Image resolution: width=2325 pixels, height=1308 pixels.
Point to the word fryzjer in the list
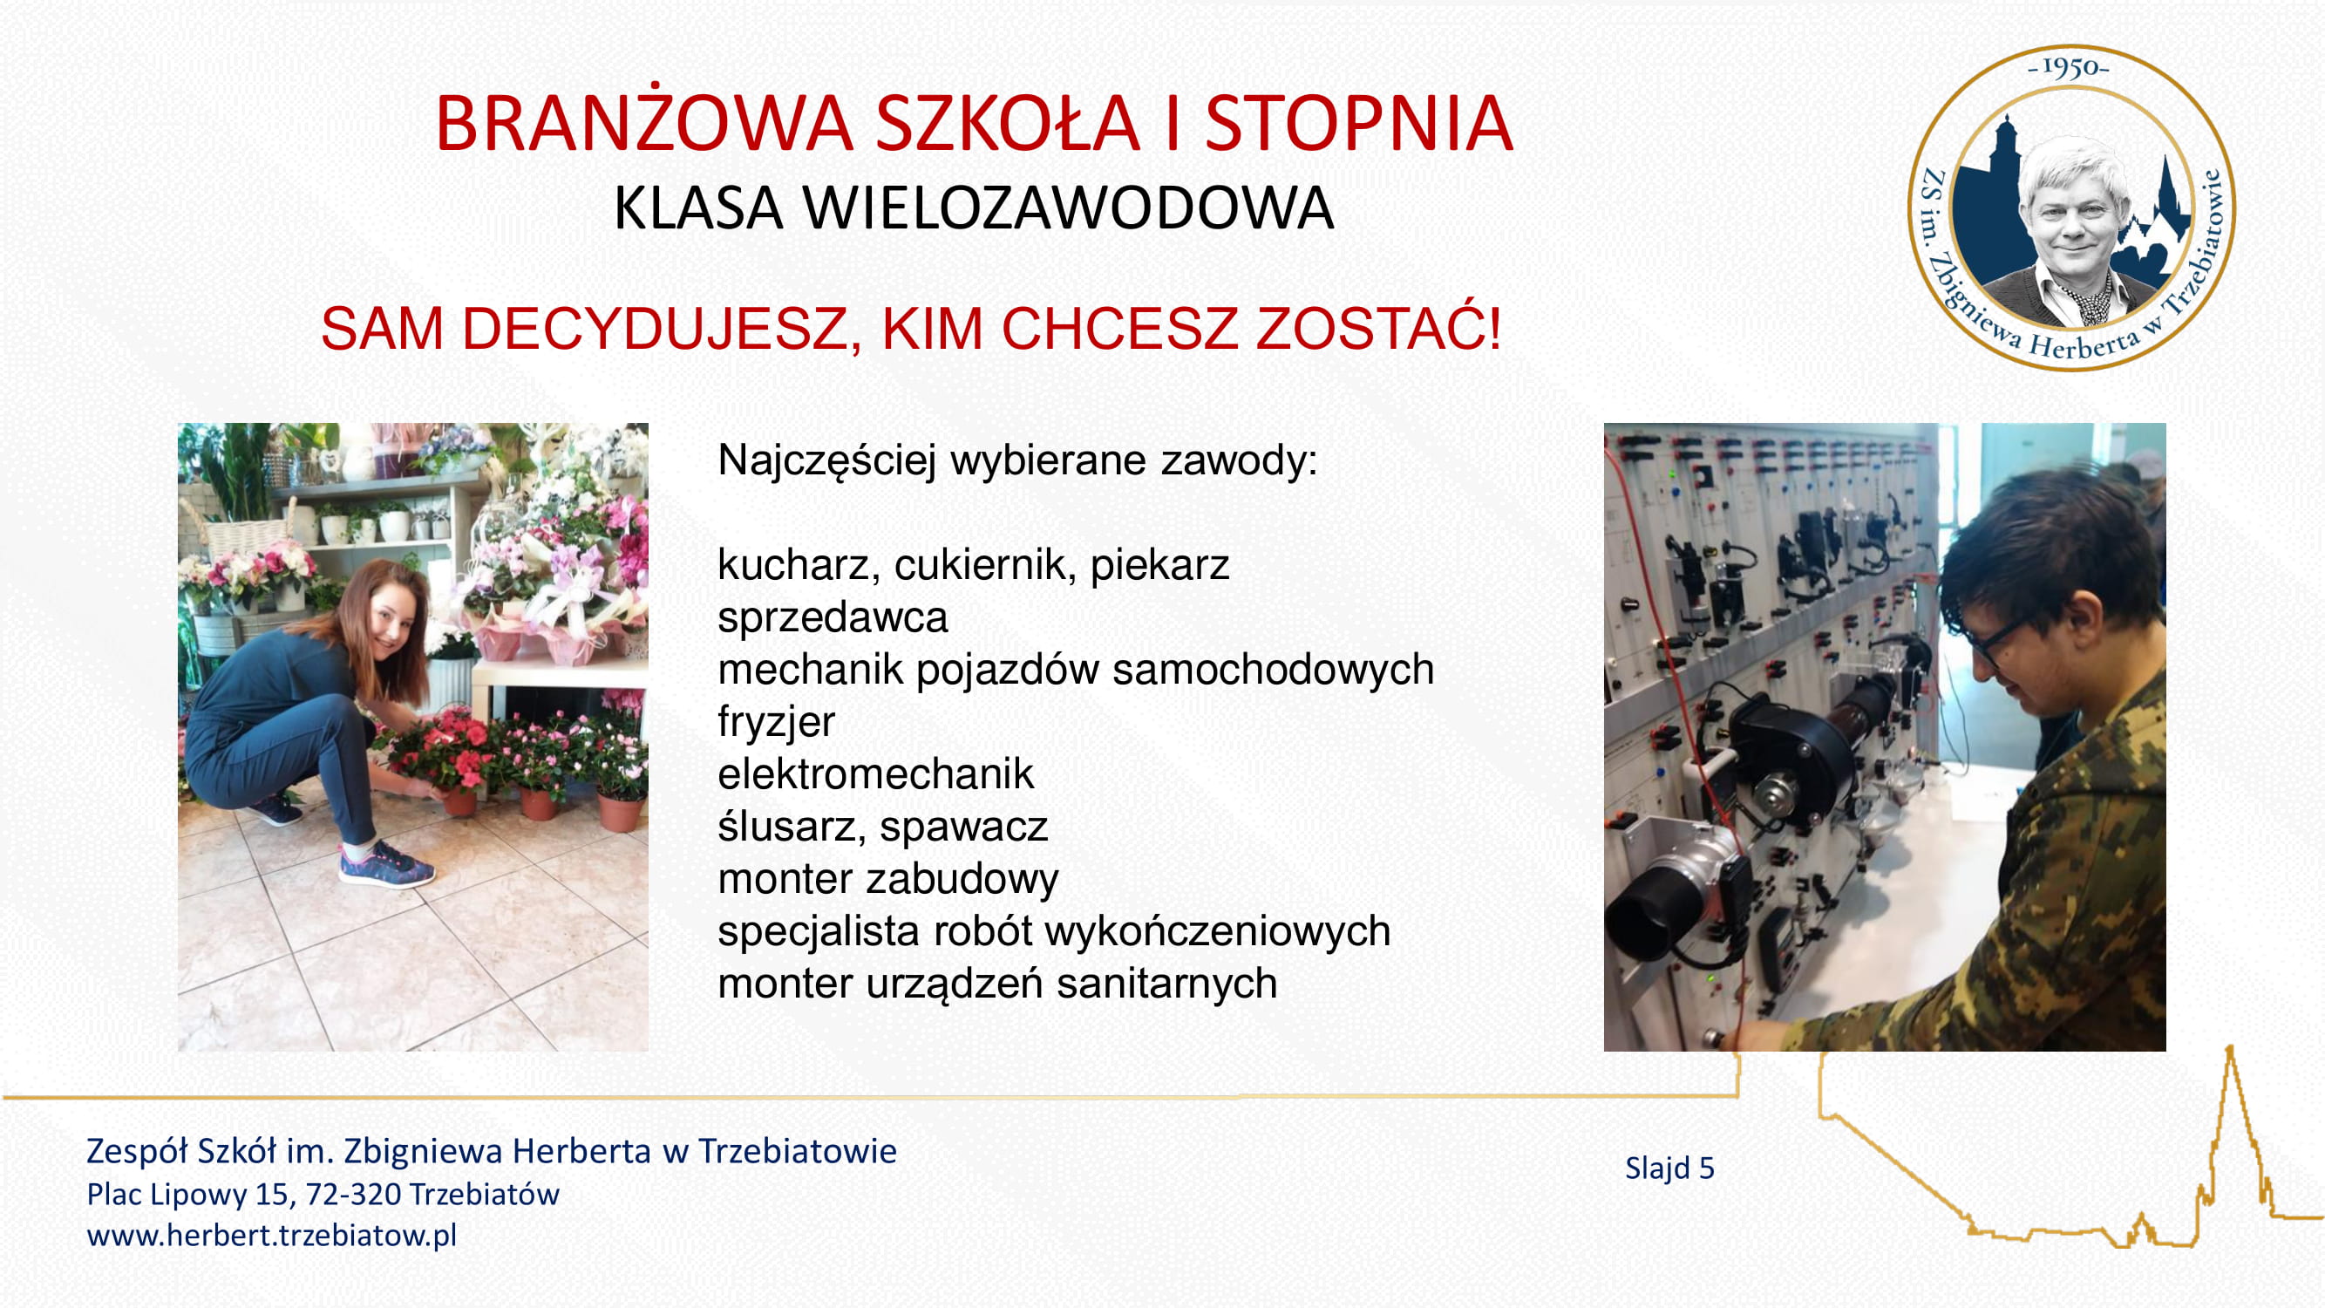pos(776,721)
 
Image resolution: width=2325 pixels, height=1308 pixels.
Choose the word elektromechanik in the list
pos(875,773)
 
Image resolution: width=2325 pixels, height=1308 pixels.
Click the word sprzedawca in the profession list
pos(833,618)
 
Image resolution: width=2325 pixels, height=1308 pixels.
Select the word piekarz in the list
pos(1159,565)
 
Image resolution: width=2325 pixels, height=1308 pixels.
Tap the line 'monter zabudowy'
pos(888,879)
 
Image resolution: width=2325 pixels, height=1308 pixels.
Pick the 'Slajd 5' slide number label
pos(1669,1168)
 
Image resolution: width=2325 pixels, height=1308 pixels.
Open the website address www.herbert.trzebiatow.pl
pos(272,1234)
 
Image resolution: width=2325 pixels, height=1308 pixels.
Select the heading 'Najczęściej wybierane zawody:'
pos(1017,460)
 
